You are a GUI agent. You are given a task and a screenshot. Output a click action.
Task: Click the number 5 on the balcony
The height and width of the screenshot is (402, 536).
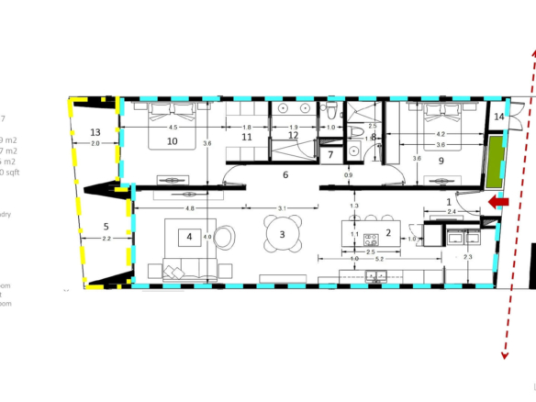click(106, 226)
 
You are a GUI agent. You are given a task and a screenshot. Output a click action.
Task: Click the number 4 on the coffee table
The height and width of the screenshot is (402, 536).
click(190, 236)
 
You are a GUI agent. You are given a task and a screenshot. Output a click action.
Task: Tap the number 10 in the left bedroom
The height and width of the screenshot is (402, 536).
click(172, 141)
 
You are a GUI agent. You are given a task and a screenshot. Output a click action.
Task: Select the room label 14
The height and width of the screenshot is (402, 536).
click(499, 117)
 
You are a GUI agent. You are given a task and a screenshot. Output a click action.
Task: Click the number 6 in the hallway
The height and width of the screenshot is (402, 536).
click(285, 174)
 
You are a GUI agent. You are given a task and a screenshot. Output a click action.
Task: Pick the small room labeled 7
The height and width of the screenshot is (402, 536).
click(330, 154)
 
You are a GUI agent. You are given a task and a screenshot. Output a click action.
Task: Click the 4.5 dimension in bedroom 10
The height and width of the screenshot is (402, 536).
click(173, 128)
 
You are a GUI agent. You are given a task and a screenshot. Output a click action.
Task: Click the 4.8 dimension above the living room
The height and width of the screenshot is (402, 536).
click(189, 208)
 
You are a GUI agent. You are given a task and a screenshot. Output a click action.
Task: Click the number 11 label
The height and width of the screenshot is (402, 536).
click(246, 137)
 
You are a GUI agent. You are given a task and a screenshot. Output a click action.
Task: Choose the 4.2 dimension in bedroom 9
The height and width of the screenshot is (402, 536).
click(440, 134)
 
